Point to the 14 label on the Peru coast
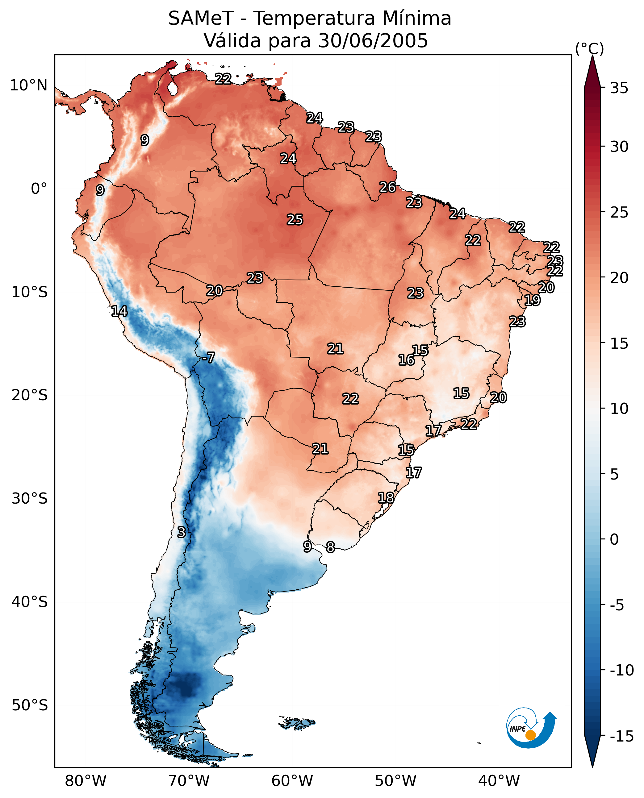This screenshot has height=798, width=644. coord(119,311)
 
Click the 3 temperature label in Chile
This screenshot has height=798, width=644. coord(181,532)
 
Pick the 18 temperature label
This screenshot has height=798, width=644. coord(386,498)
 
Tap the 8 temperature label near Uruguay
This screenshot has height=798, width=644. coord(330,547)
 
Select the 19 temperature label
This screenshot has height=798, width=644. coord(532,300)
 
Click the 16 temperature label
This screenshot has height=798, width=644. coord(406,360)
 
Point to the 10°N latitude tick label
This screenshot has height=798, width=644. coord(29,86)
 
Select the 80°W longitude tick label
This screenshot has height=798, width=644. coord(86,781)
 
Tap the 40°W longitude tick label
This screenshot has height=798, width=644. coord(499,781)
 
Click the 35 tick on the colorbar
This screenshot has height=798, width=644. coord(619,88)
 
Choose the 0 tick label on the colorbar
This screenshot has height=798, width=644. coord(614,539)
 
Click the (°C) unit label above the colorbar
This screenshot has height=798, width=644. coord(589,48)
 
